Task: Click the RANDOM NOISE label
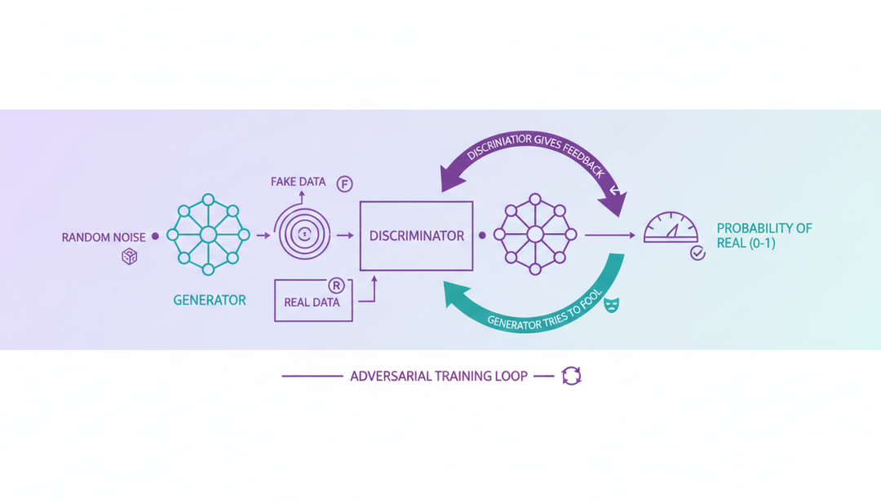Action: (103, 237)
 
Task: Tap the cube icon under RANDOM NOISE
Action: (129, 257)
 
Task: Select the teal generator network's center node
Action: (208, 235)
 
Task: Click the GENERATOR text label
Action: (210, 300)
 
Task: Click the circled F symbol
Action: (345, 183)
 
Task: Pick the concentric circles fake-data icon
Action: (303, 234)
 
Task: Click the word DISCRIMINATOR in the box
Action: (416, 236)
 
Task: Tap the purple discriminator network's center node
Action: (535, 235)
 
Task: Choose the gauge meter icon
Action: (671, 228)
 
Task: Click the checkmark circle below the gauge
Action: (697, 254)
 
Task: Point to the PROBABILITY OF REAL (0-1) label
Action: (764, 236)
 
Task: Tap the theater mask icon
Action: (611, 305)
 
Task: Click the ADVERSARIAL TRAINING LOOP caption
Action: (439, 377)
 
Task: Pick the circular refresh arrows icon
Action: (571, 376)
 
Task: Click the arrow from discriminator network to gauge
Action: (610, 236)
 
